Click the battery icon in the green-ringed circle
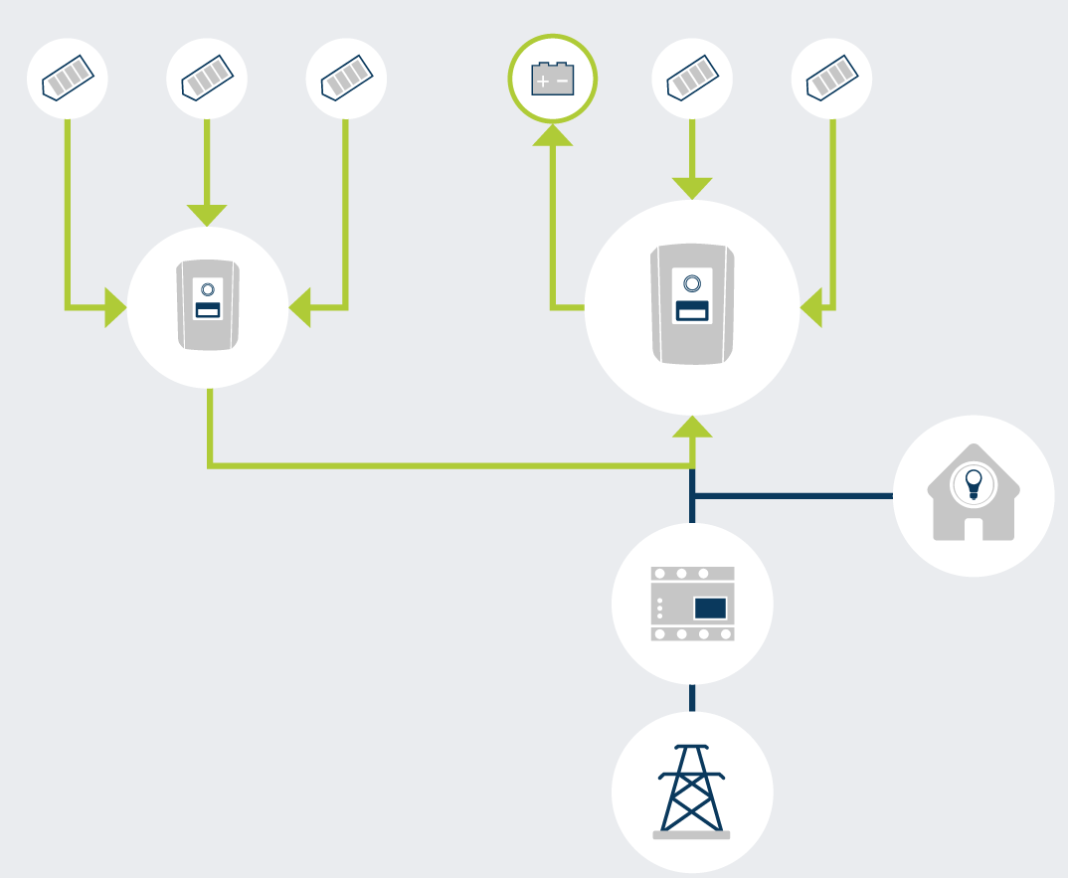coord(553,79)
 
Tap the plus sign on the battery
coord(542,80)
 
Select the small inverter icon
coord(208,306)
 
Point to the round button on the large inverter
coord(692,283)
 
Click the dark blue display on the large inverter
coord(692,310)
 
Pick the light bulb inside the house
coord(974,483)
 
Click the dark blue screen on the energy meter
coord(710,608)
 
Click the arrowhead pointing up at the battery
coord(553,134)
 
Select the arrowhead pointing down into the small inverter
coord(207,214)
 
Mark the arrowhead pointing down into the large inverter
coord(692,187)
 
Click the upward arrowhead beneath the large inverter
coord(692,428)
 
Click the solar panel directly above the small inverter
coord(207,79)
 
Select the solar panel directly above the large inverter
coord(692,79)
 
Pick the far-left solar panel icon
coord(68,79)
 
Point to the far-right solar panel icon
coord(831,79)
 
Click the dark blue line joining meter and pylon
coord(692,697)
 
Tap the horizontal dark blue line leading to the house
coord(796,495)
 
